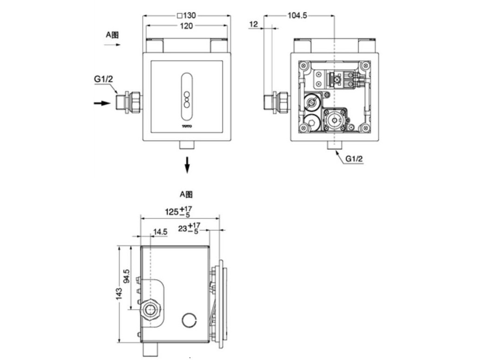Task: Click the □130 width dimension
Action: point(186,15)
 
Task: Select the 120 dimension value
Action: point(186,26)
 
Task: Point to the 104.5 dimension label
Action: point(297,15)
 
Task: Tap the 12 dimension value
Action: point(253,24)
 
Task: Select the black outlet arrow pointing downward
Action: point(187,164)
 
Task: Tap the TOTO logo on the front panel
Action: point(187,125)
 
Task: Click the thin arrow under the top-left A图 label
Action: point(112,45)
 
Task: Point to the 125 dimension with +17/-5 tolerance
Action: point(178,212)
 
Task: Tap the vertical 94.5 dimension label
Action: point(126,278)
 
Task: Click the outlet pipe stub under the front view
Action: point(187,145)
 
